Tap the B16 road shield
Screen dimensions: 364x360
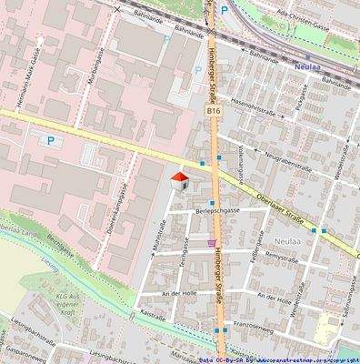pos(214,110)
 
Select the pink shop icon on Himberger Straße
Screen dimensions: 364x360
pos(213,243)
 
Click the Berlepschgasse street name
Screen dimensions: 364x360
pos(217,209)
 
